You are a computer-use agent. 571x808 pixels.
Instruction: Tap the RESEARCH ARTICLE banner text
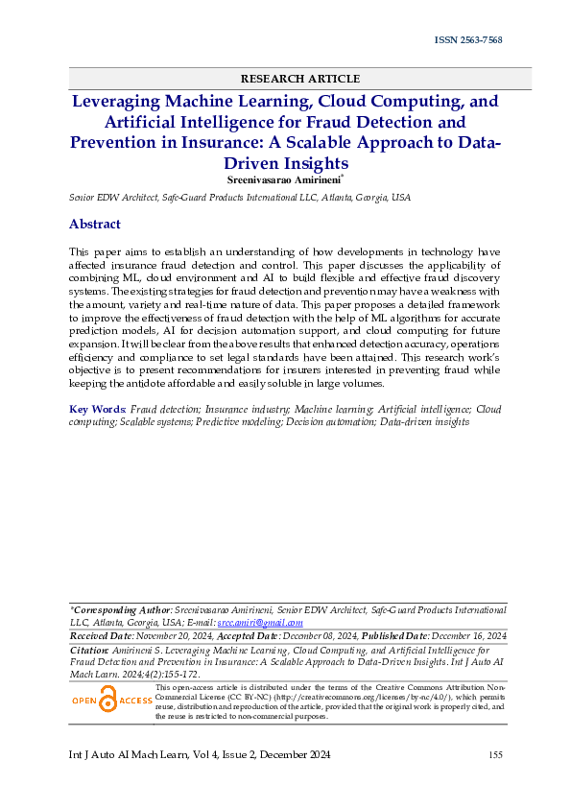[300, 79]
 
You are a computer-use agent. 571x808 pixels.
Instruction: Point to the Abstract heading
[94, 225]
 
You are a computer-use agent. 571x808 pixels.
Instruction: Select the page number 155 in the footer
[495, 755]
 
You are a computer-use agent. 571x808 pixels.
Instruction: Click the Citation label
[90, 650]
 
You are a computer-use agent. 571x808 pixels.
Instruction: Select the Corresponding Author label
[120, 609]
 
